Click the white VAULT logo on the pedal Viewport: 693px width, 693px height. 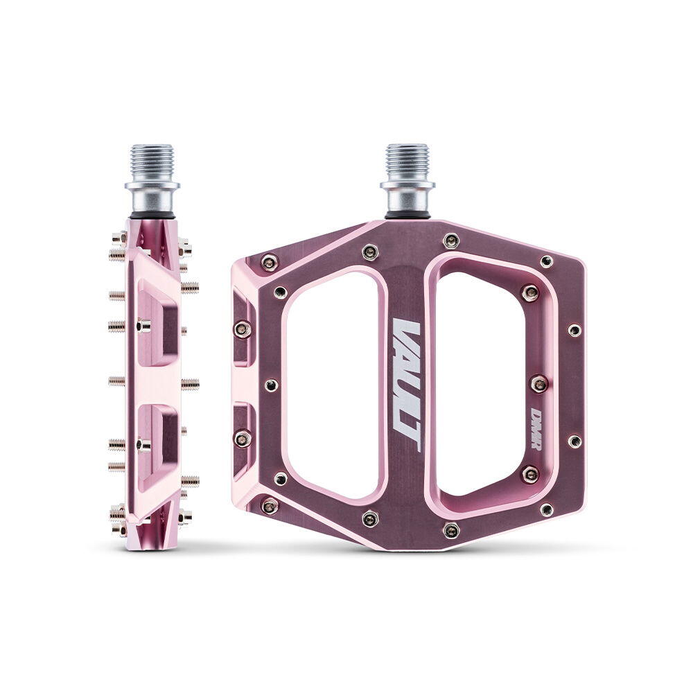click(x=407, y=385)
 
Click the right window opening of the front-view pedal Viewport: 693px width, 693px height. click(x=485, y=384)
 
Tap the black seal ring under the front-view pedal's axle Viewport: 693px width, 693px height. click(x=407, y=216)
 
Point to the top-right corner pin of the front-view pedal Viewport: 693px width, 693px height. click(x=547, y=261)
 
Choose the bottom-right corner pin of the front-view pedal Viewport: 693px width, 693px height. click(x=547, y=509)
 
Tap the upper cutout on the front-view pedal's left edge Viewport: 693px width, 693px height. click(x=242, y=326)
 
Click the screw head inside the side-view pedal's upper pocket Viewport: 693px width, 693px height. click(x=143, y=324)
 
